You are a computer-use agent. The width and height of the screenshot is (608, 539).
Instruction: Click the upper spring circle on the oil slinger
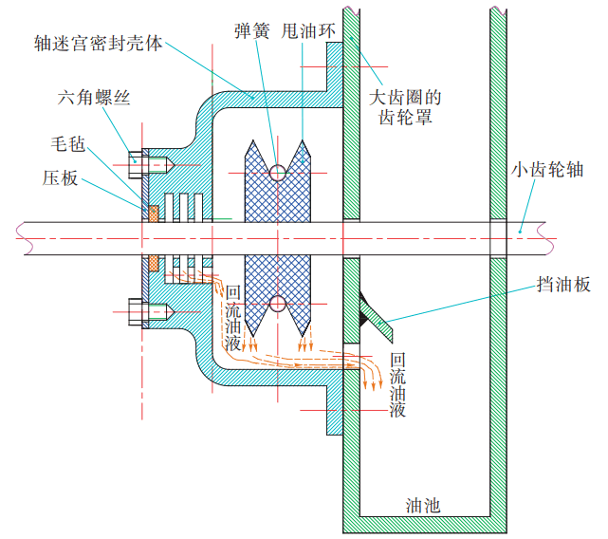point(277,172)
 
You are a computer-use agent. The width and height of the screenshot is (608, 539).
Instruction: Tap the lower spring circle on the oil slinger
point(277,304)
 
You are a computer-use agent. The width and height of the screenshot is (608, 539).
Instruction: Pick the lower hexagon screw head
point(136,309)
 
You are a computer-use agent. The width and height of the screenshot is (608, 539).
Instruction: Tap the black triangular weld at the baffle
point(365,307)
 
